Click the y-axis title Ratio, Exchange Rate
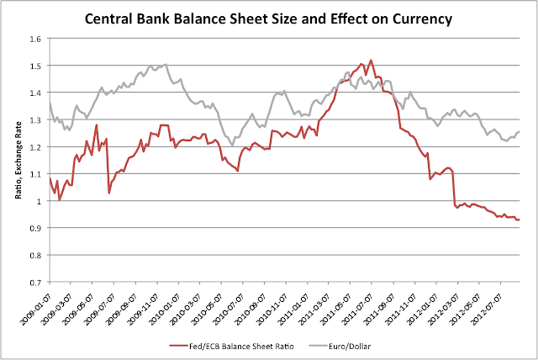(x=18, y=161)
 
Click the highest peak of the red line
(x=371, y=61)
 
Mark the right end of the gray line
(x=520, y=131)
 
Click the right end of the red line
(x=520, y=220)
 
